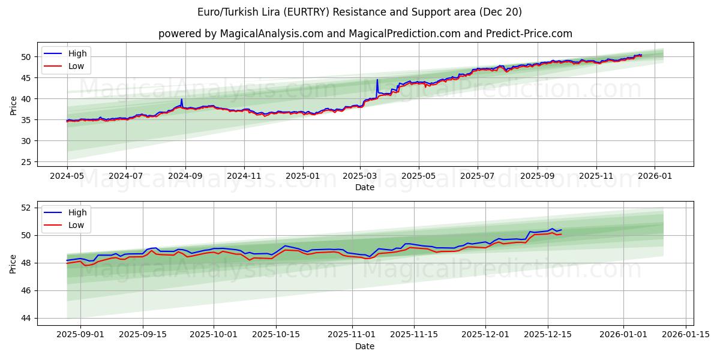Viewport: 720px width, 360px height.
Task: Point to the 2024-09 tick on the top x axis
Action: (185, 177)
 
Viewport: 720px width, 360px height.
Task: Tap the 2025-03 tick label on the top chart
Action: (360, 177)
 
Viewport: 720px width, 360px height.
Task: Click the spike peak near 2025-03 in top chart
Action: (377, 80)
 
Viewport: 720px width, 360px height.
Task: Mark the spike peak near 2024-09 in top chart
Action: (181, 100)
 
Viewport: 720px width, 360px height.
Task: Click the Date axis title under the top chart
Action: (364, 187)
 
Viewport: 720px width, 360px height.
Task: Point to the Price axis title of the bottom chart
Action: (13, 263)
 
